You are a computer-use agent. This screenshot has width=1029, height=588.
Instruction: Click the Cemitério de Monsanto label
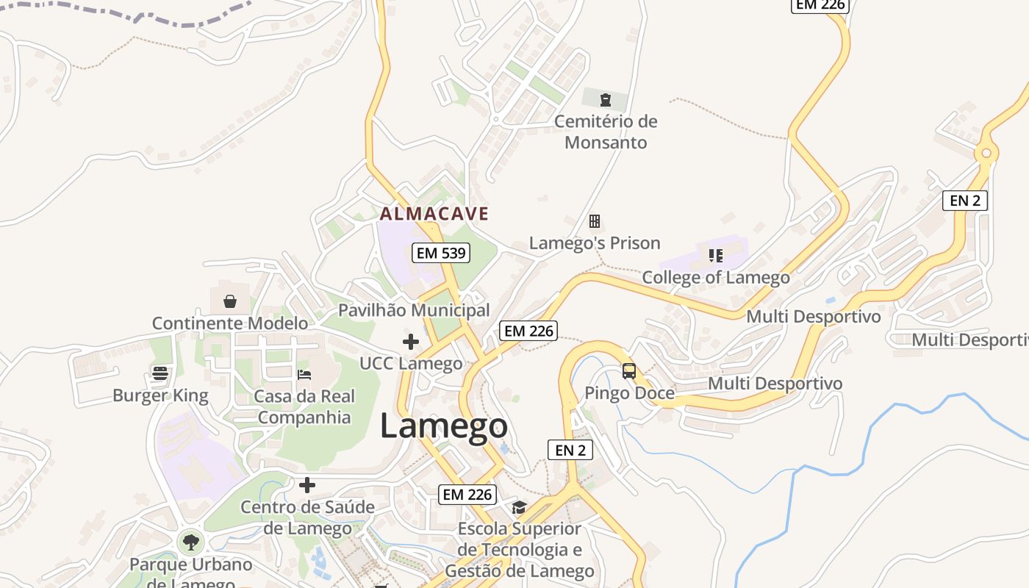pos(606,132)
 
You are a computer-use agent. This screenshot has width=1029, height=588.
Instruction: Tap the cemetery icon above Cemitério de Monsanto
pos(606,100)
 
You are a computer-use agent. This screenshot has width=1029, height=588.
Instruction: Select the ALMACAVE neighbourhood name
pos(434,214)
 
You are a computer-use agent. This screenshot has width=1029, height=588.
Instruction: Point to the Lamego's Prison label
pos(595,243)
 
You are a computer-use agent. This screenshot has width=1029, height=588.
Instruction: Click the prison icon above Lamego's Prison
pos(595,221)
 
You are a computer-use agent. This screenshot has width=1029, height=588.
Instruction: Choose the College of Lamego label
pos(716,278)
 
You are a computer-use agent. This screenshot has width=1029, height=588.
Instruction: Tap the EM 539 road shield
pos(440,253)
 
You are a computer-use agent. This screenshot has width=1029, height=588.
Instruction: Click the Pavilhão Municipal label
pos(414,310)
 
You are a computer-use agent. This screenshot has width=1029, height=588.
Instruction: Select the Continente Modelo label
pos(230,323)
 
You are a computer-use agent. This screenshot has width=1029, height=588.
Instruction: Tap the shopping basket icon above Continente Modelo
pos(230,301)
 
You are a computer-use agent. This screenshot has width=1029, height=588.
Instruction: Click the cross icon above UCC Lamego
pos(411,342)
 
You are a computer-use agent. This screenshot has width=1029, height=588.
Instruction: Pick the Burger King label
pos(160,396)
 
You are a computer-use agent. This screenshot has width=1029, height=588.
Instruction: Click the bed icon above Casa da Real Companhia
pos(304,375)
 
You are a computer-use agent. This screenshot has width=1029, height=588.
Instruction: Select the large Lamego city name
pos(443,427)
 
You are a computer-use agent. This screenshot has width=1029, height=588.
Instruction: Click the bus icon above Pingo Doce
pos(629,371)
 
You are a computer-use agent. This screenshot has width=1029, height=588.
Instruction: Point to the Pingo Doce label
pos(629,393)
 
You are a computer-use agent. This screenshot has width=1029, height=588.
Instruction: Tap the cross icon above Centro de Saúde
pos(307,485)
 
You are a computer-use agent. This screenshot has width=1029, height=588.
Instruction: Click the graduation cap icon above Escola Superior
pos(520,507)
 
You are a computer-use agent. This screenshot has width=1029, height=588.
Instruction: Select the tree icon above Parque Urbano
pos(191,543)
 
